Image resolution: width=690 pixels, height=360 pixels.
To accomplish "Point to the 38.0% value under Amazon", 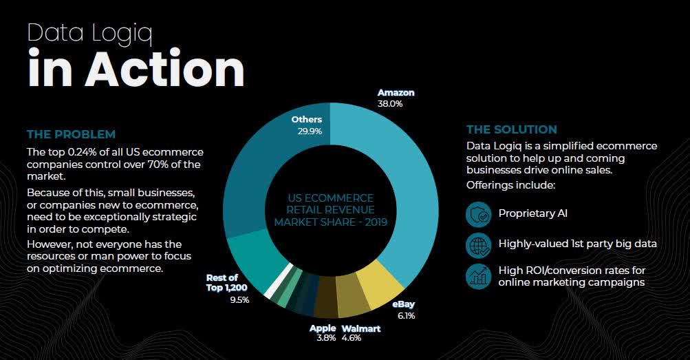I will (390, 104).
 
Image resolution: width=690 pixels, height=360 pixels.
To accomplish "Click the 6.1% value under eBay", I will (405, 315).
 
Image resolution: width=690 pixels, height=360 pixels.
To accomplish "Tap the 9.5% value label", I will (239, 299).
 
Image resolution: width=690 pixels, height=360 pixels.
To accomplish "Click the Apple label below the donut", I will (323, 328).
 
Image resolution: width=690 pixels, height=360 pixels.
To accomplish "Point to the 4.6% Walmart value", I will (352, 338).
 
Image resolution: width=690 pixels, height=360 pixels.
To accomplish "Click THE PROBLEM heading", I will (71, 134).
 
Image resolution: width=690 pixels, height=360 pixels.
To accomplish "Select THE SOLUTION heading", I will (512, 129).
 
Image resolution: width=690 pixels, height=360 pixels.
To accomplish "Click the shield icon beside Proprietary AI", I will (478, 214).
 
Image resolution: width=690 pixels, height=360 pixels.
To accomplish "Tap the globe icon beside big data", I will (478, 244).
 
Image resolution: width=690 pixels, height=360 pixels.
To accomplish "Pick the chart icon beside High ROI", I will (478, 275).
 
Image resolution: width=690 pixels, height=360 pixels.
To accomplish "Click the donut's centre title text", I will (330, 210).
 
